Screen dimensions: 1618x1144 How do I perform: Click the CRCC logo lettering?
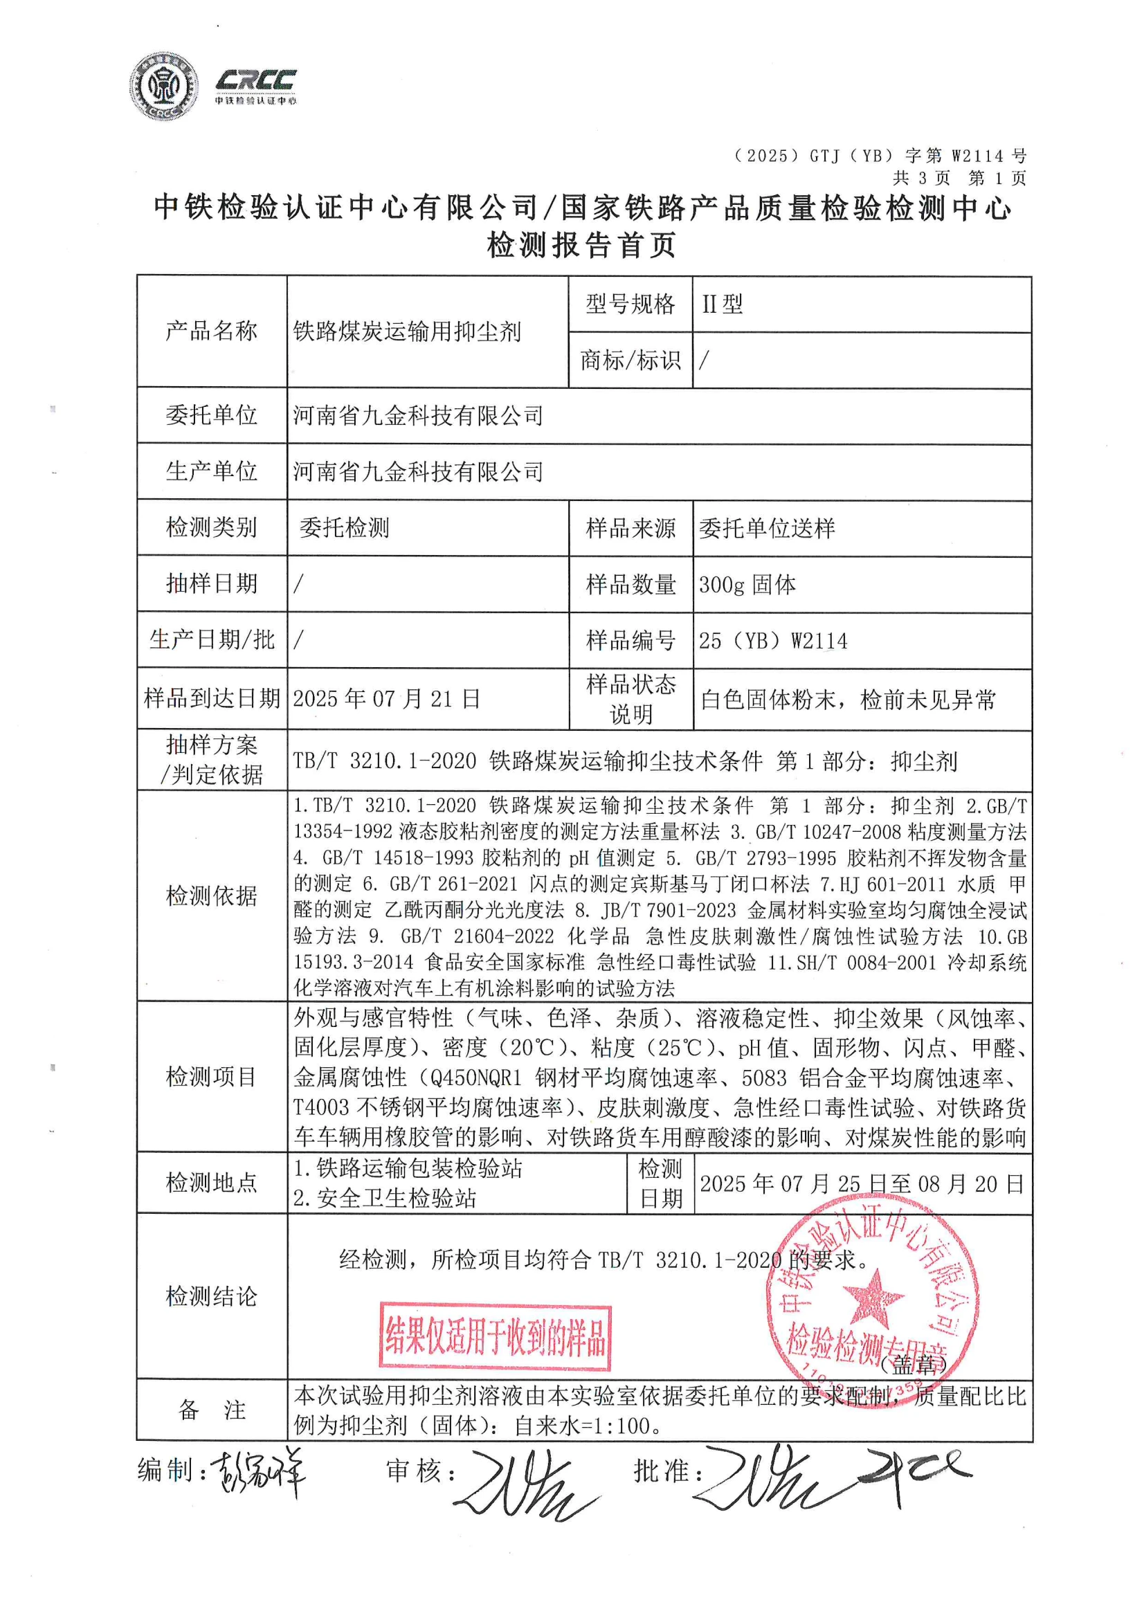(x=255, y=80)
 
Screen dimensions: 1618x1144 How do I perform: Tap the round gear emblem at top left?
(x=163, y=87)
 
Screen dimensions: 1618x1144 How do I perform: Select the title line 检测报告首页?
(x=581, y=245)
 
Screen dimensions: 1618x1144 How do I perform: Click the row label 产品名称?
(x=211, y=331)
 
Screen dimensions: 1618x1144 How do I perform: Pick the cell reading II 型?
(x=722, y=304)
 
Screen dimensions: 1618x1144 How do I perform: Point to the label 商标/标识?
(x=630, y=361)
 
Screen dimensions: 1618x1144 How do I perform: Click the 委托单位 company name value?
(x=418, y=416)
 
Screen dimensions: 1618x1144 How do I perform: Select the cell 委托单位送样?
(x=767, y=529)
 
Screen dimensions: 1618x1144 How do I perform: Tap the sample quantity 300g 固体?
(x=747, y=585)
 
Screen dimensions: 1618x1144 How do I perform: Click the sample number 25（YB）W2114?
(x=772, y=641)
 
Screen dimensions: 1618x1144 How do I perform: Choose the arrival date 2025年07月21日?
(x=386, y=699)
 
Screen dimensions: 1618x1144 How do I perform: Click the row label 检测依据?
(x=211, y=896)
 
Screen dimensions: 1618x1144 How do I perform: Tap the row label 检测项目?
(x=211, y=1077)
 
